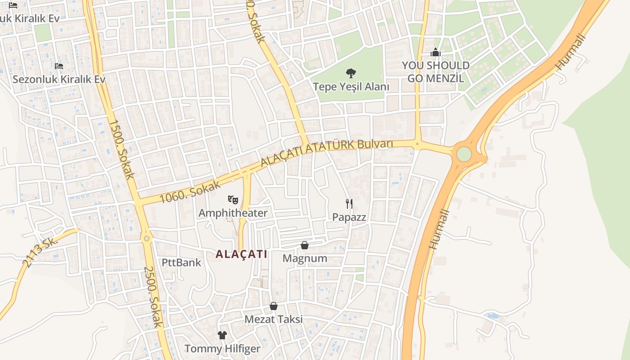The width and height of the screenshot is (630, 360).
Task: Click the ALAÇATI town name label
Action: coord(241,254)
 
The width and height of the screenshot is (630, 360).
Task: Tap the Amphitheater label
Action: coord(233,213)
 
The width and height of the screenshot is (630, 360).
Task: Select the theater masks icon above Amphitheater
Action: coord(233,199)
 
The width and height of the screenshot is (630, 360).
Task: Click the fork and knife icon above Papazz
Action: coord(349,203)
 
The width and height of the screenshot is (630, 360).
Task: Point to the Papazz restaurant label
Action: coord(349,217)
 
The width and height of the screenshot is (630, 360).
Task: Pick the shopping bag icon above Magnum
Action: coord(305,245)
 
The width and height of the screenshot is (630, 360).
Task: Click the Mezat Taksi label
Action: coord(273,319)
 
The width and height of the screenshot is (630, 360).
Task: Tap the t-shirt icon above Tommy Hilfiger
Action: coord(222,335)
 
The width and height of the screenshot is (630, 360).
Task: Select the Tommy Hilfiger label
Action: coord(222,349)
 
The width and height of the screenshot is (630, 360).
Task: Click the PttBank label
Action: coord(181,262)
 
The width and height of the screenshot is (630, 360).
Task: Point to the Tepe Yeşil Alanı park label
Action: coord(351,86)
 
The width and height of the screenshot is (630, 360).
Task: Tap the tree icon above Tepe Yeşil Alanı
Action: coord(351,73)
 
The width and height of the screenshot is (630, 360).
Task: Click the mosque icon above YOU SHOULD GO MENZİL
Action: coord(435,53)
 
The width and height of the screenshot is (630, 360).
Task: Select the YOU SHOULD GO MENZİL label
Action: coord(435,72)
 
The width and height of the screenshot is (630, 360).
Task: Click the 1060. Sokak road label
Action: coord(190,192)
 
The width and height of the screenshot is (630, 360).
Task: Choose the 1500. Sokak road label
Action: coord(121,149)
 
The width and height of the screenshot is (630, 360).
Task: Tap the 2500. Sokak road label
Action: coord(153,297)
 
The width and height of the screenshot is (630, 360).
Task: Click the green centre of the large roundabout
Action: coord(464,154)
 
